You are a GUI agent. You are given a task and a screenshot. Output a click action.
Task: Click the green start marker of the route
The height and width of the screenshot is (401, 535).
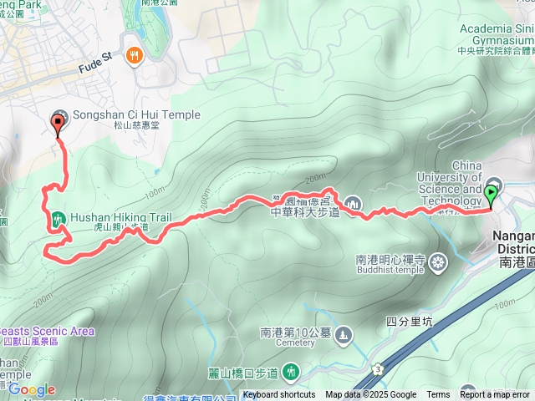click(x=491, y=195)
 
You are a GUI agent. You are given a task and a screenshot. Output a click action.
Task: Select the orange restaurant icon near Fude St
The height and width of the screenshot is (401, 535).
click(x=134, y=56)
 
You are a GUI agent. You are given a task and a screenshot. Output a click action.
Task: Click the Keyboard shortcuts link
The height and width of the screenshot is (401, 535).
click(x=279, y=395)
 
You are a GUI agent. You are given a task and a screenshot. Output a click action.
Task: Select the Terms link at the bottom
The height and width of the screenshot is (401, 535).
click(x=437, y=395)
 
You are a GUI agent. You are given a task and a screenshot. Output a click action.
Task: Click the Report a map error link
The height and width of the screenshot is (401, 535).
click(x=497, y=395)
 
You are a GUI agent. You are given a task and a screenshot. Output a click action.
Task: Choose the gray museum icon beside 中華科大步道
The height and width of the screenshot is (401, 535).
click(x=353, y=202)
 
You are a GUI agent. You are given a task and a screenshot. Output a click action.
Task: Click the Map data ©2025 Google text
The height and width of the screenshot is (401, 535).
click(x=370, y=395)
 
